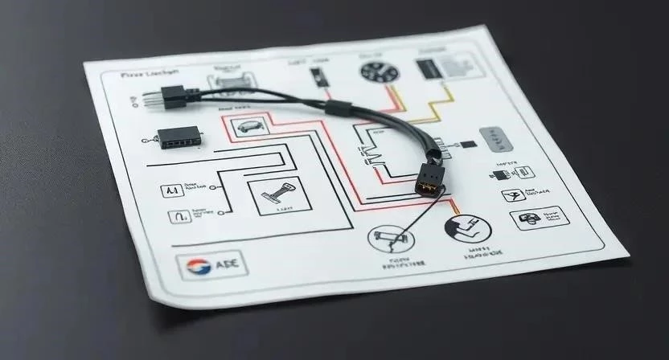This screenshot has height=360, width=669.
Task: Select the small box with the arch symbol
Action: pyautogui.click(x=177, y=215)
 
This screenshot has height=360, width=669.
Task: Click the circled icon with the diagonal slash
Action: pyautogui.click(x=388, y=241)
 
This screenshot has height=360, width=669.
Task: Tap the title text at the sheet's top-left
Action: pyautogui.click(x=150, y=75)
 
